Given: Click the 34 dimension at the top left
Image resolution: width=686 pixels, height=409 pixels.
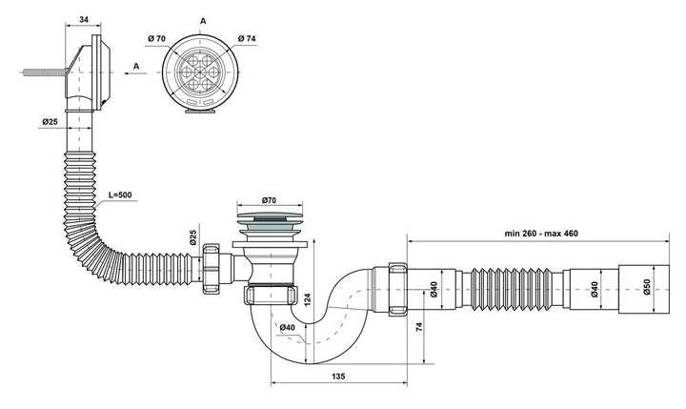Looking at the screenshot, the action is [x=84, y=19].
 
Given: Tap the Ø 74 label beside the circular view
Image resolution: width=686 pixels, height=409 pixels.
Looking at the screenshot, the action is [x=247, y=38].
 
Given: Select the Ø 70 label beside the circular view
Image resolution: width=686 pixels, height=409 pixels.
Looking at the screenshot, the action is [x=156, y=38].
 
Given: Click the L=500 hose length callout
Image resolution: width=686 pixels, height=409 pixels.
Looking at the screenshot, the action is [x=120, y=194].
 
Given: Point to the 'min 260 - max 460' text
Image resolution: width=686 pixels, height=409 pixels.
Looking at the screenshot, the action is [x=541, y=234].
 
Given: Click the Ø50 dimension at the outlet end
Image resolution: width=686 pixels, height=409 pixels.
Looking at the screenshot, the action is [x=647, y=287].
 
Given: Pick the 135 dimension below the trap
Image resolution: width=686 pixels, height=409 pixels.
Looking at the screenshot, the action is [x=338, y=377].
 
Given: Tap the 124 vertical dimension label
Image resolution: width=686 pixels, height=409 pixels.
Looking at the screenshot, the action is [x=308, y=299].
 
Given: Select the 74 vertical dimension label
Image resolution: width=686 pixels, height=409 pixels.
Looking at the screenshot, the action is [x=419, y=327].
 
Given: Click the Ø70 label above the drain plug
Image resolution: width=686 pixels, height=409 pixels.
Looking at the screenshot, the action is [x=269, y=200].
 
